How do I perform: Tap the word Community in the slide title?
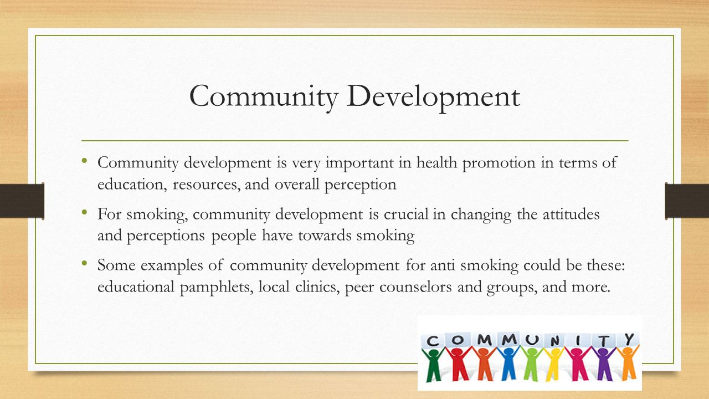(x=264, y=96)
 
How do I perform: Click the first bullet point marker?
(x=84, y=161)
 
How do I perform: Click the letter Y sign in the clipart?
(x=629, y=338)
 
